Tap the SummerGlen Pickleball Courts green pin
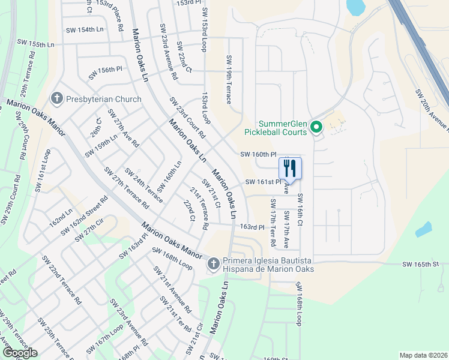click(318, 127)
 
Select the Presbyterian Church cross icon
click(58, 98)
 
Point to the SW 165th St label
click(421, 264)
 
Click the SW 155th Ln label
click(36, 44)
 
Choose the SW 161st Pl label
click(263, 182)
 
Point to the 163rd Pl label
click(252, 227)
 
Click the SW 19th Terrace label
click(229, 79)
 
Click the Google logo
click(19, 353)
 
